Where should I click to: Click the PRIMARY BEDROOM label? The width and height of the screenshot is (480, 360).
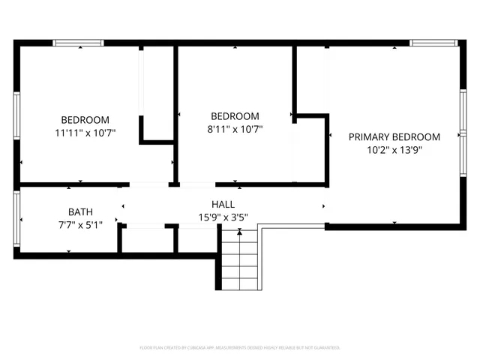(394, 136)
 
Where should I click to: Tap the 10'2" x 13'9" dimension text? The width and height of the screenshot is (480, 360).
(394, 150)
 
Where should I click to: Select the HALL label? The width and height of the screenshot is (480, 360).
(223, 204)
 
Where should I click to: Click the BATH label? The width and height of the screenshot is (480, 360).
(80, 211)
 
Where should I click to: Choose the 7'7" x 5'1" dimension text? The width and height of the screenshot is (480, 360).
(80, 224)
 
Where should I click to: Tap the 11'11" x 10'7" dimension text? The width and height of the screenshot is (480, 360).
(85, 133)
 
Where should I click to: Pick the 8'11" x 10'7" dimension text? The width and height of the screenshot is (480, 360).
(235, 129)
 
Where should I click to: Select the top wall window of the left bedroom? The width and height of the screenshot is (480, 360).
(79, 43)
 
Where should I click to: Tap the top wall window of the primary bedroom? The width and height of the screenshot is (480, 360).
(434, 43)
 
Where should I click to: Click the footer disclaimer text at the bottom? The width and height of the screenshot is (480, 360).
(240, 348)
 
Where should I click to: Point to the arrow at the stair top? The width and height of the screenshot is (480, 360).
(239, 233)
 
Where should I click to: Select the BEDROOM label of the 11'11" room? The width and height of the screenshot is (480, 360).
(85, 120)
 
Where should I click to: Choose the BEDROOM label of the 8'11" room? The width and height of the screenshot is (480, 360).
(235, 116)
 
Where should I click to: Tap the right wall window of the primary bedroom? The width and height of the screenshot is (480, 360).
(463, 136)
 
